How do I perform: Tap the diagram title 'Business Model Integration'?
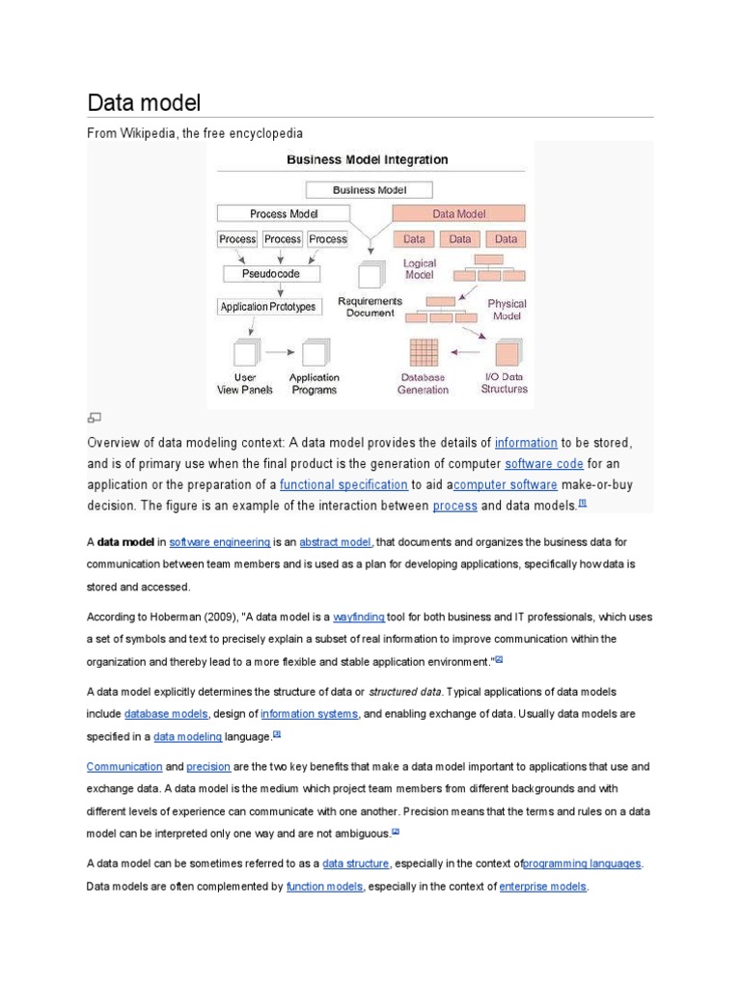tap(367, 160)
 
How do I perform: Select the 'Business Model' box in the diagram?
tap(370, 190)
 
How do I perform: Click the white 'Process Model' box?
tap(284, 213)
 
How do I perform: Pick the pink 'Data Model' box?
tap(458, 213)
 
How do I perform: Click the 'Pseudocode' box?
tap(270, 273)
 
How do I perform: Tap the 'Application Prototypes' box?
tap(267, 307)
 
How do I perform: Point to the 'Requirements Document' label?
tap(370, 307)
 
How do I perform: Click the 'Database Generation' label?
tap(423, 383)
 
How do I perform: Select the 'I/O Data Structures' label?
tap(504, 383)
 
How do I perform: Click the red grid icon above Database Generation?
tap(424, 353)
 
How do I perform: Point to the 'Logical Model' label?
tap(419, 268)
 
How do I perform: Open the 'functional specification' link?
tap(343, 484)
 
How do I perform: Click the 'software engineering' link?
tap(219, 542)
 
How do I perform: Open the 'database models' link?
tap(166, 714)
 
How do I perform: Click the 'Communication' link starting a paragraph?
tap(124, 766)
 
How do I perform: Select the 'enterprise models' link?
tap(542, 886)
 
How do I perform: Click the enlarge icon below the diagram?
tap(94, 418)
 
